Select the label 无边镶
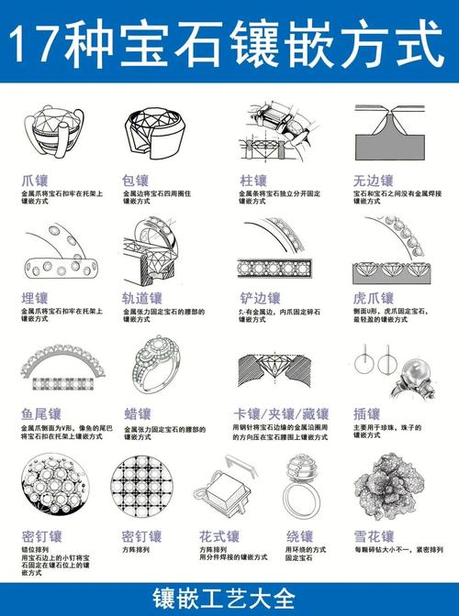374,181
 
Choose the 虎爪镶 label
374,298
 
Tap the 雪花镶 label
374,536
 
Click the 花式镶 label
219,536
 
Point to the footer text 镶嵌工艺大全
229,599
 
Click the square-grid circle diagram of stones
142,486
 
